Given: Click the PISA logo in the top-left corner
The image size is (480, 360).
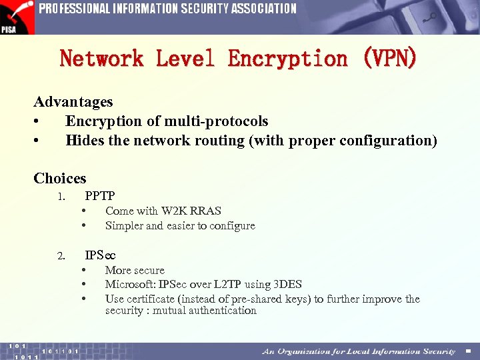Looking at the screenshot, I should (17, 17).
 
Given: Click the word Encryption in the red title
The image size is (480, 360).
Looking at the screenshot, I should (287, 59).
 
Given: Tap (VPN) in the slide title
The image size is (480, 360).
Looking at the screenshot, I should (389, 59).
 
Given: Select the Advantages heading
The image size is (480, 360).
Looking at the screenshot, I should (73, 102).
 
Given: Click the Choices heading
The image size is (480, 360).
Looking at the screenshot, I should (60, 178).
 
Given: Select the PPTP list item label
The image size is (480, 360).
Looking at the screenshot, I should (100, 196).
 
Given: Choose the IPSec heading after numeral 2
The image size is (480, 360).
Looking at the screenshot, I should (100, 255).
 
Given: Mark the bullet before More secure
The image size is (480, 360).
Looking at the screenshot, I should (84, 270).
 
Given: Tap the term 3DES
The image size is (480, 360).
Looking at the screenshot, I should (288, 285).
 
